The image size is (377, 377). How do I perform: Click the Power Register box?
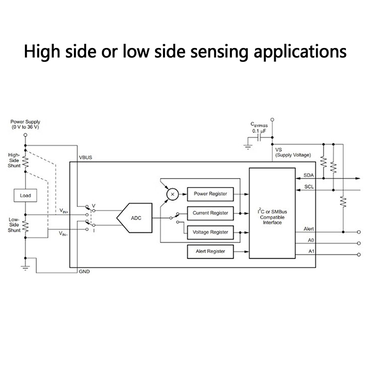point(210,194)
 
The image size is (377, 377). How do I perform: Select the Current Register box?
point(210,213)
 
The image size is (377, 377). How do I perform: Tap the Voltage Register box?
point(210,232)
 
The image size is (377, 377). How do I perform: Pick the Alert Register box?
point(210,252)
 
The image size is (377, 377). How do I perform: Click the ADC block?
point(135,218)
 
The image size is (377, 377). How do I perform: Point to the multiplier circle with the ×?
point(172,194)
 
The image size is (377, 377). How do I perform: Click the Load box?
point(25,195)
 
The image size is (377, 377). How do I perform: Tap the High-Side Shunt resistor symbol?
point(25,163)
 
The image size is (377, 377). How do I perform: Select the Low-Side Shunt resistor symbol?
point(25,226)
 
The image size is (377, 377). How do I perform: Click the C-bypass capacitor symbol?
point(260,139)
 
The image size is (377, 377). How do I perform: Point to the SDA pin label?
point(309,175)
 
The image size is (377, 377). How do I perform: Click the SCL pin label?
point(309,187)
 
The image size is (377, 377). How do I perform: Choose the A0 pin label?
point(311,240)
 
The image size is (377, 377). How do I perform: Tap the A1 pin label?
point(311,251)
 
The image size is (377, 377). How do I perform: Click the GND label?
point(84,272)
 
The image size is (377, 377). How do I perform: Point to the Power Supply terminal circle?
point(25,135)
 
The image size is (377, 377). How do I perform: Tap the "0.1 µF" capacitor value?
point(259,131)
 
